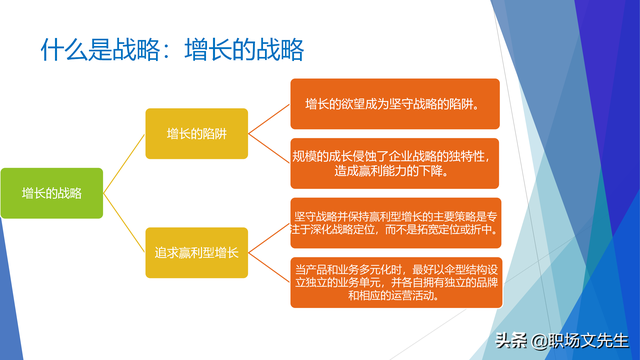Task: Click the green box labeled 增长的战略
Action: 52,193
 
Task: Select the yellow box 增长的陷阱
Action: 196,132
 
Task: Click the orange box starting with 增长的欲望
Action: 395,104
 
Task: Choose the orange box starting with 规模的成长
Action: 395,163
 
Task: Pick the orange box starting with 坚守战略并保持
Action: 395,222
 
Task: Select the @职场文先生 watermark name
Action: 580,340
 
